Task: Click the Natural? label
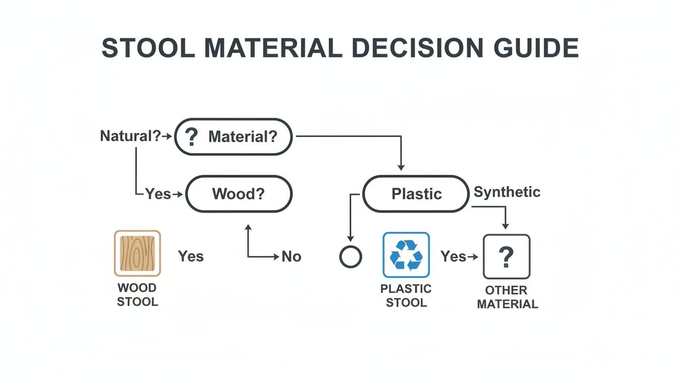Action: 130,136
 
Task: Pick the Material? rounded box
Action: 234,137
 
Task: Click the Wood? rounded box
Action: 239,194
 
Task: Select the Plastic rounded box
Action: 416,194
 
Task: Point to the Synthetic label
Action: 506,192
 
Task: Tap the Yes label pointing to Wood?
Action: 158,193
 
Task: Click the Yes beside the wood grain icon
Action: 191,256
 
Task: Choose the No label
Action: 291,256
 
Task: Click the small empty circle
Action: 351,257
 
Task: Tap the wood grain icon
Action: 137,253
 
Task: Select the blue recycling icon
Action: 406,254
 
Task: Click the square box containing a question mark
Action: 506,256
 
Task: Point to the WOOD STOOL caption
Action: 137,295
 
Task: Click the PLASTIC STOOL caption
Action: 406,296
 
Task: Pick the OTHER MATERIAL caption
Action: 507,297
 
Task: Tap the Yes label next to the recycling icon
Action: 453,256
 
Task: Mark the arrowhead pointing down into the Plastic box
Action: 401,167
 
